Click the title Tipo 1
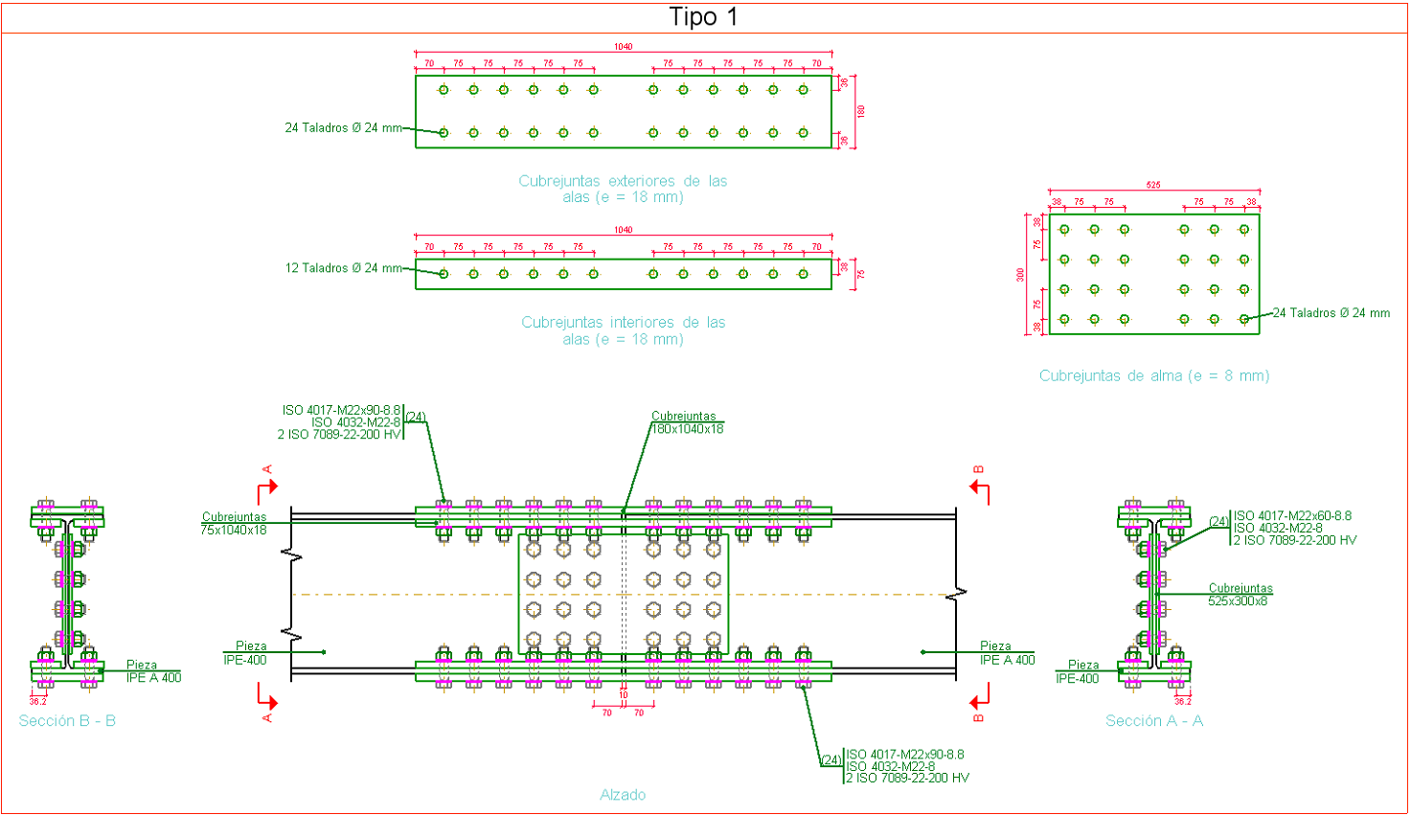703,17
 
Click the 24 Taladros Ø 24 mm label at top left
343,127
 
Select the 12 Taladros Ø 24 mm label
343,268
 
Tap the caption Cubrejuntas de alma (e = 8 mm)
1153,375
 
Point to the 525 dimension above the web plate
1153,185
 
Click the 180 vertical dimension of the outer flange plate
861,111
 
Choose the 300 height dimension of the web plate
1020,274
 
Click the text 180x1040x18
687,429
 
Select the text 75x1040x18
234,530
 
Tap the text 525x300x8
1237,601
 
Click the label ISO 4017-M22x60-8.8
1292,516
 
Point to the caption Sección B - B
67,720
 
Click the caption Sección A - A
1153,720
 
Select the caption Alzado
623,795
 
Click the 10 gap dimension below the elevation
624,696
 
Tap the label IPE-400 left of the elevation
245,660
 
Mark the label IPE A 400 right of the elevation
1007,660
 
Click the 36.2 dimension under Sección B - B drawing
38,701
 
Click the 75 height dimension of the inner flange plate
861,274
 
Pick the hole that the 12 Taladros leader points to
444,274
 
